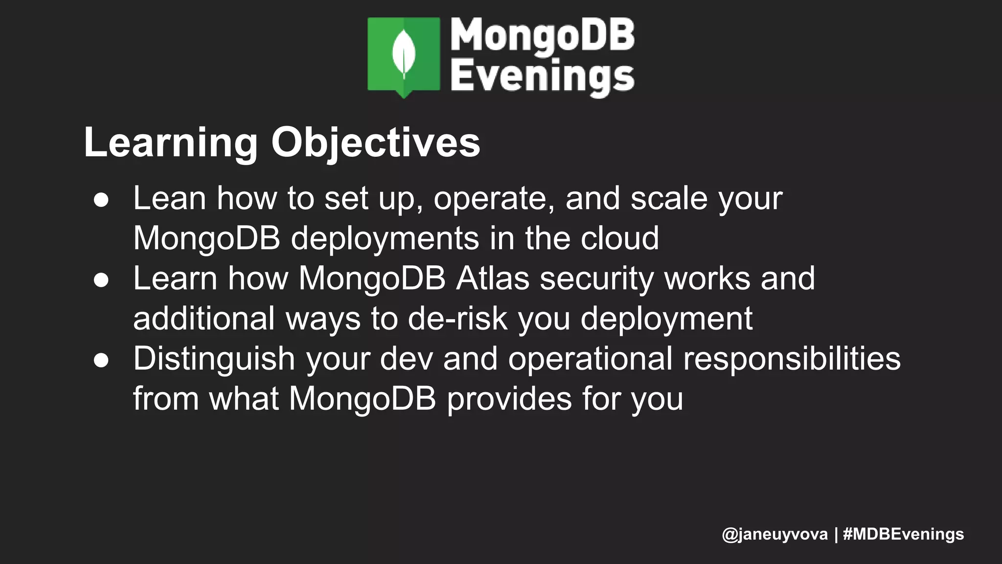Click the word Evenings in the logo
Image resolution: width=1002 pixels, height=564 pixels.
[x=542, y=76]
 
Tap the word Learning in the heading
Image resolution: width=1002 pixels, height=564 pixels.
[x=171, y=142]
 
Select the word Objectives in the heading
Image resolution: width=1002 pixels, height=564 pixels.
[x=375, y=142]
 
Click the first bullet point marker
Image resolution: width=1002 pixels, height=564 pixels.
[x=101, y=200]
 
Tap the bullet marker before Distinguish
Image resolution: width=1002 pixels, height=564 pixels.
[x=101, y=360]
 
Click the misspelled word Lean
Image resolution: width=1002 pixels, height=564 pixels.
[x=169, y=198]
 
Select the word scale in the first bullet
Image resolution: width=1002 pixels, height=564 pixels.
[x=668, y=198]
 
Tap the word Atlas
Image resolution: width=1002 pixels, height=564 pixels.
[x=492, y=279]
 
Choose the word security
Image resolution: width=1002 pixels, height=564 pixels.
[x=596, y=279]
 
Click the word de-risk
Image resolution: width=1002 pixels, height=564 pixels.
[x=457, y=319]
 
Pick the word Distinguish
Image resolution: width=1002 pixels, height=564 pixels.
[x=214, y=359]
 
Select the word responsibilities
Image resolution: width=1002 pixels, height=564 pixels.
[x=791, y=359]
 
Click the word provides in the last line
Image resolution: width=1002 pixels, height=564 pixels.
[x=509, y=399]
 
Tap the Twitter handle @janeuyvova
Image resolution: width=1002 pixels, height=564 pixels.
[x=774, y=534]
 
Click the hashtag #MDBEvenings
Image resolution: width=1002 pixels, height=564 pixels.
[x=903, y=534]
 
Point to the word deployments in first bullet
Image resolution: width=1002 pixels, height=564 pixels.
[x=385, y=239]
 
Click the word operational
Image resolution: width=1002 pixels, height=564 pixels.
[x=590, y=359]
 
